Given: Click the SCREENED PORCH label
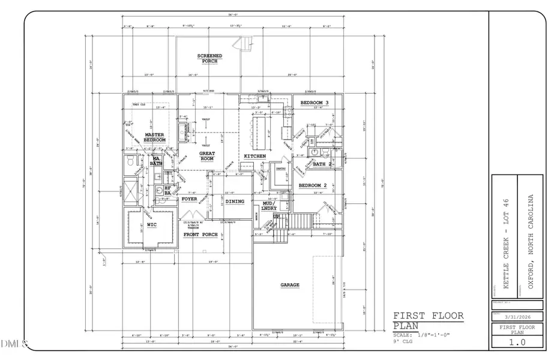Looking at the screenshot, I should point(210,59).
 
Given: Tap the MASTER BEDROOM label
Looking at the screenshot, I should point(155,137).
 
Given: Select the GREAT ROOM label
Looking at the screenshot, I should point(207,157).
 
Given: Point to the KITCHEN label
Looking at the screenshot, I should point(254,157).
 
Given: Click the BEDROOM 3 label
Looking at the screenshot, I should point(315,103).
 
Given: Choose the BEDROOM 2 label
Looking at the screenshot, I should point(312,185).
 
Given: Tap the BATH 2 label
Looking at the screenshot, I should point(323,163).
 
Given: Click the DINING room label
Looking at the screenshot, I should point(235,201).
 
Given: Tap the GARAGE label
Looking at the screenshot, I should point(289,285).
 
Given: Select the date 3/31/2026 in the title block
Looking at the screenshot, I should point(517,316).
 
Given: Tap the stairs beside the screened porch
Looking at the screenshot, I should point(244,44).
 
